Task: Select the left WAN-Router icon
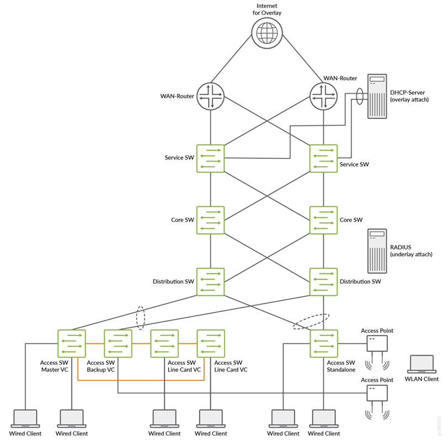pos(211,95)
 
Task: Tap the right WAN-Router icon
pos(323,95)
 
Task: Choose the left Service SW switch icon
pos(211,157)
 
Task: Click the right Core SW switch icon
pos(323,219)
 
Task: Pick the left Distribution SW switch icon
pos(211,281)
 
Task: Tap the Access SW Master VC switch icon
pos(71,343)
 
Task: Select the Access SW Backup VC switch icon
pos(118,343)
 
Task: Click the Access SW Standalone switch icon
pos(323,343)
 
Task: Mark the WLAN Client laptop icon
pos(422,365)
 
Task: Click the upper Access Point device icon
pos(377,344)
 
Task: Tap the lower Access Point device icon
pos(377,393)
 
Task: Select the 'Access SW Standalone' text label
pos(341,366)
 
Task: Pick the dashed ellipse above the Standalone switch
pos(311,321)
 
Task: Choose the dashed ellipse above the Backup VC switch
pos(140,318)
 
